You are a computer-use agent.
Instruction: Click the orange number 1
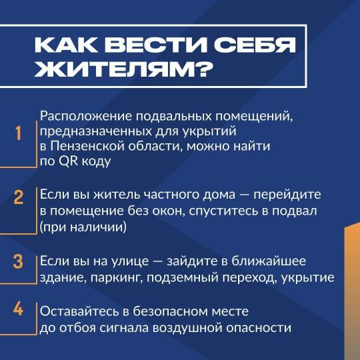pyautogui.click(x=19, y=133)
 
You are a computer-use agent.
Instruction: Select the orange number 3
pyautogui.click(x=18, y=261)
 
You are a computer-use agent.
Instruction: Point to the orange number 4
pyautogui.click(x=18, y=309)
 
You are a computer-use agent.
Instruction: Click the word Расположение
pyautogui.click(x=86, y=117)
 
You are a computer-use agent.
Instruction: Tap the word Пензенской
pyautogui.click(x=87, y=146)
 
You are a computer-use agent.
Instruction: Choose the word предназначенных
pyautogui.click(x=95, y=132)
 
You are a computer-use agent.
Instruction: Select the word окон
pyautogui.click(x=169, y=211)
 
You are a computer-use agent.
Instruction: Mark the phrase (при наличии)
pyautogui.click(x=83, y=227)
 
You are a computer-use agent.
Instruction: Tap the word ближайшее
pyautogui.click(x=269, y=261)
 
